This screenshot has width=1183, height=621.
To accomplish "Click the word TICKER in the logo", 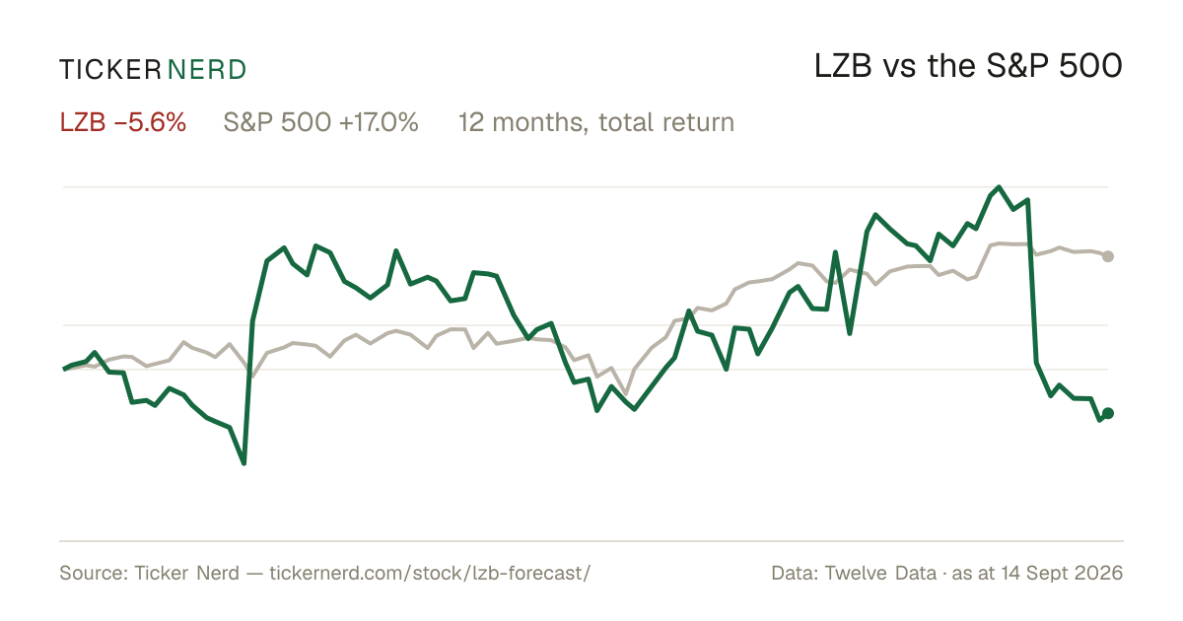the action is point(110,70).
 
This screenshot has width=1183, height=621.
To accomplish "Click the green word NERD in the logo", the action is point(207,70).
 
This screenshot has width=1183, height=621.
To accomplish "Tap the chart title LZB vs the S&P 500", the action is point(968,66).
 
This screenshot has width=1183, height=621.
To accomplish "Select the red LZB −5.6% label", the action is point(123,122).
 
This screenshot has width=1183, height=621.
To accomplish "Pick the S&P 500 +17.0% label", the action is point(321,122).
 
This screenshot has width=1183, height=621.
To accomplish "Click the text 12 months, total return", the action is point(596,123).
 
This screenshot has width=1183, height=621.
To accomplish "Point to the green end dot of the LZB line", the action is point(1108,413).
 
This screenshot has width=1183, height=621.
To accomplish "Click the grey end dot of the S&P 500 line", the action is point(1108,256).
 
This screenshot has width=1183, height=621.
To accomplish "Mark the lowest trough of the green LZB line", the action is point(244,463).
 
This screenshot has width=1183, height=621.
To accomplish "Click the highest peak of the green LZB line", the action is point(999,187).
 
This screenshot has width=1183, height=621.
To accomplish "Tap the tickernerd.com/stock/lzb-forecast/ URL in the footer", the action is point(431,573).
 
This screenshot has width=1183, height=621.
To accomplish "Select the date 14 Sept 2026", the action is point(1062,573).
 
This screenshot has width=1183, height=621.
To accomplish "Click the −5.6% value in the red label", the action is point(150,122).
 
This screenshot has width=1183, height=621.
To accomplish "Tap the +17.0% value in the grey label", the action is point(379,122).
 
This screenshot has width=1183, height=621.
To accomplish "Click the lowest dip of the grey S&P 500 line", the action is point(626,394).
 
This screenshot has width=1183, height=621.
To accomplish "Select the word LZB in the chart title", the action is point(843,66).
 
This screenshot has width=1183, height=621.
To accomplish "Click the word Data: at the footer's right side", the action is point(795,573).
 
